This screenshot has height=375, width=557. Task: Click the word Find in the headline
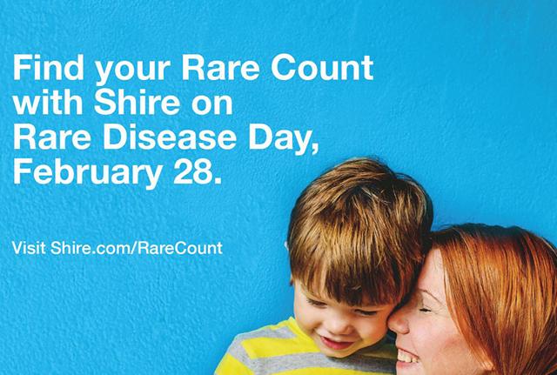[x=49, y=67]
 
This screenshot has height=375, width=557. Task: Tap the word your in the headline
[x=132, y=71]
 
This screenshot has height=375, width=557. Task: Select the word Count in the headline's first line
[x=322, y=67]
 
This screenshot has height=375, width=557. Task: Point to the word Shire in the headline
[x=138, y=102]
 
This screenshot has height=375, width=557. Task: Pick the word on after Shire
[x=212, y=105]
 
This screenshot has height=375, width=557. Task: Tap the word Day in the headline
[x=283, y=140]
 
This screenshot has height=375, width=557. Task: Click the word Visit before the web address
[x=29, y=248]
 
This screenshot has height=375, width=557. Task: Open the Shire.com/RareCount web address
[x=137, y=248]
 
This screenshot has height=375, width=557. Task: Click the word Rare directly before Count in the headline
[x=220, y=67]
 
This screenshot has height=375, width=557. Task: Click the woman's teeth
[x=407, y=356]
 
